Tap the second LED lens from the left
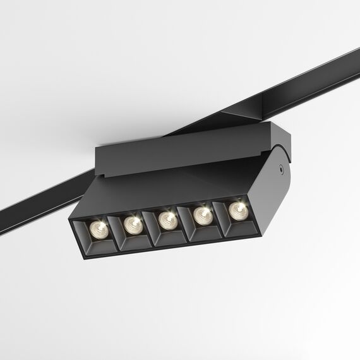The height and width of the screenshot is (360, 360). point(132,222)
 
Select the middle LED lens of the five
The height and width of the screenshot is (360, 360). point(167,219)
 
